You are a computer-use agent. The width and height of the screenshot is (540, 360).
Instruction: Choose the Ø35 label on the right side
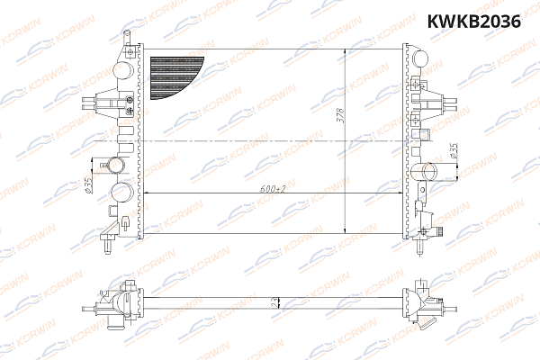click(x=454, y=152)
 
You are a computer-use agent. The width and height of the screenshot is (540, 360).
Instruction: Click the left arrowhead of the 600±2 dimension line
click(x=148, y=193)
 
